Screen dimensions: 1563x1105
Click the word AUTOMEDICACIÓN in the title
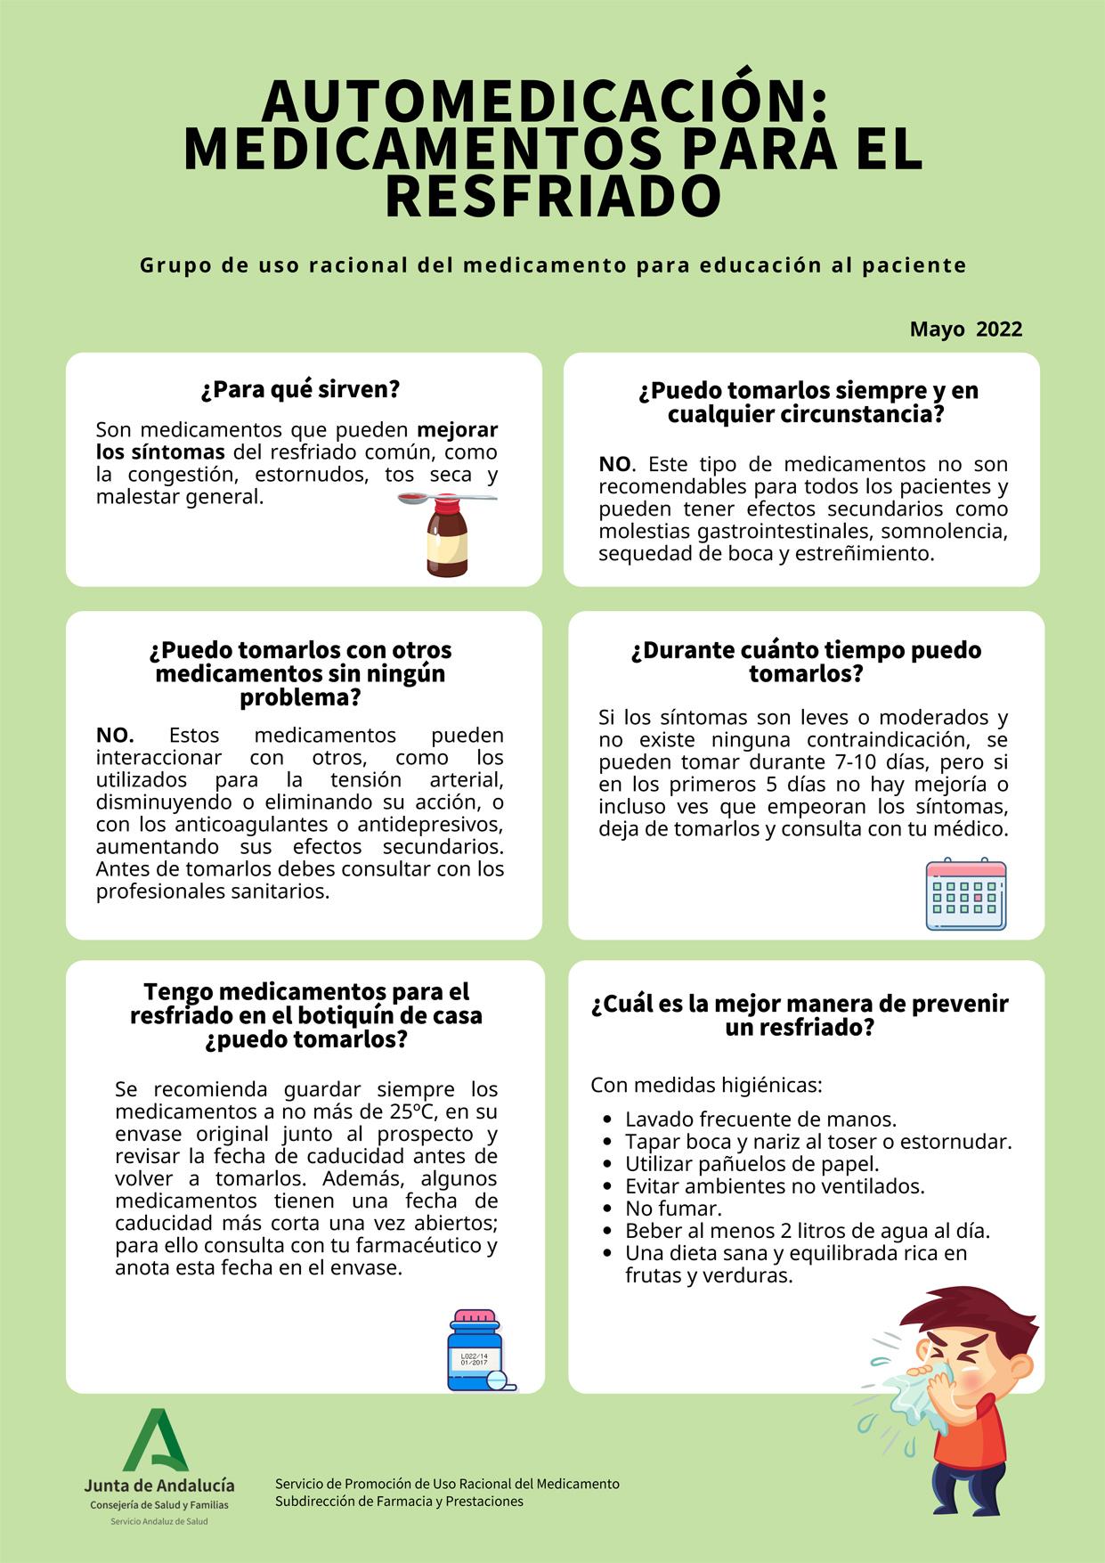[544, 102]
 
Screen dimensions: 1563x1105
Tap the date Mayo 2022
[965, 330]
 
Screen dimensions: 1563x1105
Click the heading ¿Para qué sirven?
[300, 389]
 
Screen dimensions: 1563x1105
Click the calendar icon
[966, 894]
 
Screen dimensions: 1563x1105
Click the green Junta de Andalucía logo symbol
[158, 1439]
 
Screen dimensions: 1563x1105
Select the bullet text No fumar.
[673, 1209]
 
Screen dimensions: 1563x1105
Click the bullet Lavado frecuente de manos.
[760, 1119]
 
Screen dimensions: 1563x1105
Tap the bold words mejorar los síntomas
[297, 441]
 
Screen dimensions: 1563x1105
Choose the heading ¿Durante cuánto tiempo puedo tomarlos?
[806, 662]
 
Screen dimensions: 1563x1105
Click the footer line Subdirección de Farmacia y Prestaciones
[399, 1502]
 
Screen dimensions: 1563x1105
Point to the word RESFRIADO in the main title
[552, 197]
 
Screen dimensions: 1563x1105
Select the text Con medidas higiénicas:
[706, 1086]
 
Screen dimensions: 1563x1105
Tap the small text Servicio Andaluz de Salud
[158, 1521]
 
